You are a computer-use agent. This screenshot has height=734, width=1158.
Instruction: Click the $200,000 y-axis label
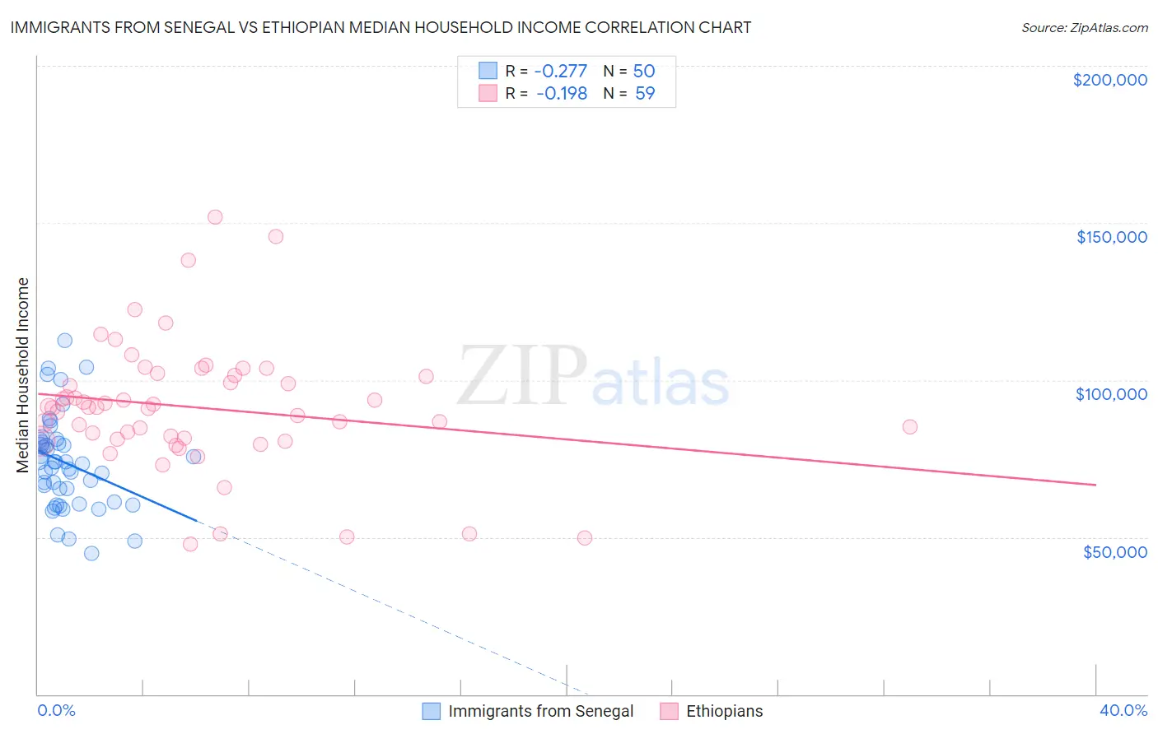click(x=1109, y=80)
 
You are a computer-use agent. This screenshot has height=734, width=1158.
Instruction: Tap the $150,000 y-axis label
click(x=1111, y=237)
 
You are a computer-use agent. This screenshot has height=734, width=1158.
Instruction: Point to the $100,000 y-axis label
click(x=1111, y=394)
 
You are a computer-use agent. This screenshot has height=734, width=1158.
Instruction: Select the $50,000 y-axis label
click(x=1114, y=551)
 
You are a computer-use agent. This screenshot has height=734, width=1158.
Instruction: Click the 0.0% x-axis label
click(x=56, y=710)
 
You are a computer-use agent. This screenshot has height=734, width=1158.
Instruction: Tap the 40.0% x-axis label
click(x=1123, y=710)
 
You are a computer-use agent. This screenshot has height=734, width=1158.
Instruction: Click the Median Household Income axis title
click(x=22, y=374)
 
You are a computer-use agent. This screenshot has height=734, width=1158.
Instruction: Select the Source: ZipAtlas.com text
click(x=1084, y=28)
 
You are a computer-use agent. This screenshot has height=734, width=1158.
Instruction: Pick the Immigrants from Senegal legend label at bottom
click(x=540, y=711)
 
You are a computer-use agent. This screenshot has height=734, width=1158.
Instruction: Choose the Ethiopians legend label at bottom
click(x=724, y=711)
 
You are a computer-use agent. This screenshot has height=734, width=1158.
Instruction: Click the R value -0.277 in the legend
click(x=561, y=71)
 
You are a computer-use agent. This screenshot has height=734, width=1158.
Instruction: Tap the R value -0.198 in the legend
click(x=562, y=93)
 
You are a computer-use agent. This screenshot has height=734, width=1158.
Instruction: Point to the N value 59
click(x=645, y=93)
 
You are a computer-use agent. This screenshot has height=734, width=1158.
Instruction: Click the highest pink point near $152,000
click(x=215, y=217)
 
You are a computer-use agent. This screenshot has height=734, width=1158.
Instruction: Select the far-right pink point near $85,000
click(x=909, y=426)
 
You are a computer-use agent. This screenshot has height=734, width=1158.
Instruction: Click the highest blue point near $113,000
click(x=64, y=340)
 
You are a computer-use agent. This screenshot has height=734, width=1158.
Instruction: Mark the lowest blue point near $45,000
click(x=91, y=553)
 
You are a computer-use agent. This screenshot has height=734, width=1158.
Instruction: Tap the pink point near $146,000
click(x=276, y=236)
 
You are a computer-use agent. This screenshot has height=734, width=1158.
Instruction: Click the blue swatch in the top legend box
click(x=488, y=71)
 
